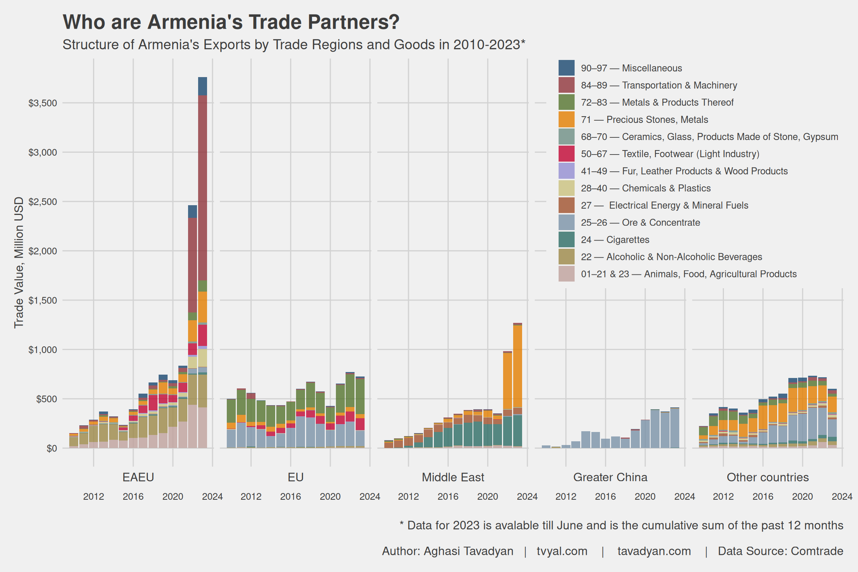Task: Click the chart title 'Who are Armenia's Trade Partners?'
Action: pos(231,22)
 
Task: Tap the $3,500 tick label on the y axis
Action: pos(43,103)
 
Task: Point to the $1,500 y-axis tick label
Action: pos(43,301)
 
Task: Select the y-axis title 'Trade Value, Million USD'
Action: pos(19,263)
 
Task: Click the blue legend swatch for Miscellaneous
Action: pos(566,68)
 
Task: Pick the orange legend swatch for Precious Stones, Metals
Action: pos(566,120)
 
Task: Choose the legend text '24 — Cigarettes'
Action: pos(615,240)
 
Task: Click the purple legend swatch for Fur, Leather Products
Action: pos(566,171)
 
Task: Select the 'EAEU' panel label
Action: pos(138,477)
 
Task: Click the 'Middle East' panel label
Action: pos(453,477)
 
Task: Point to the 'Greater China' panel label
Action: pos(610,477)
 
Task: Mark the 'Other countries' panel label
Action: pos(768,477)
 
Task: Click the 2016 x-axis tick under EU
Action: pos(290,497)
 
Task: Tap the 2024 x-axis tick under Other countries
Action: pos(842,497)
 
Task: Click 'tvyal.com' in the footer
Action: pos(562,551)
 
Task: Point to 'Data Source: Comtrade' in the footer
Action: pos(781,551)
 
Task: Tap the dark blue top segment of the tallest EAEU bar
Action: pos(203,86)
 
